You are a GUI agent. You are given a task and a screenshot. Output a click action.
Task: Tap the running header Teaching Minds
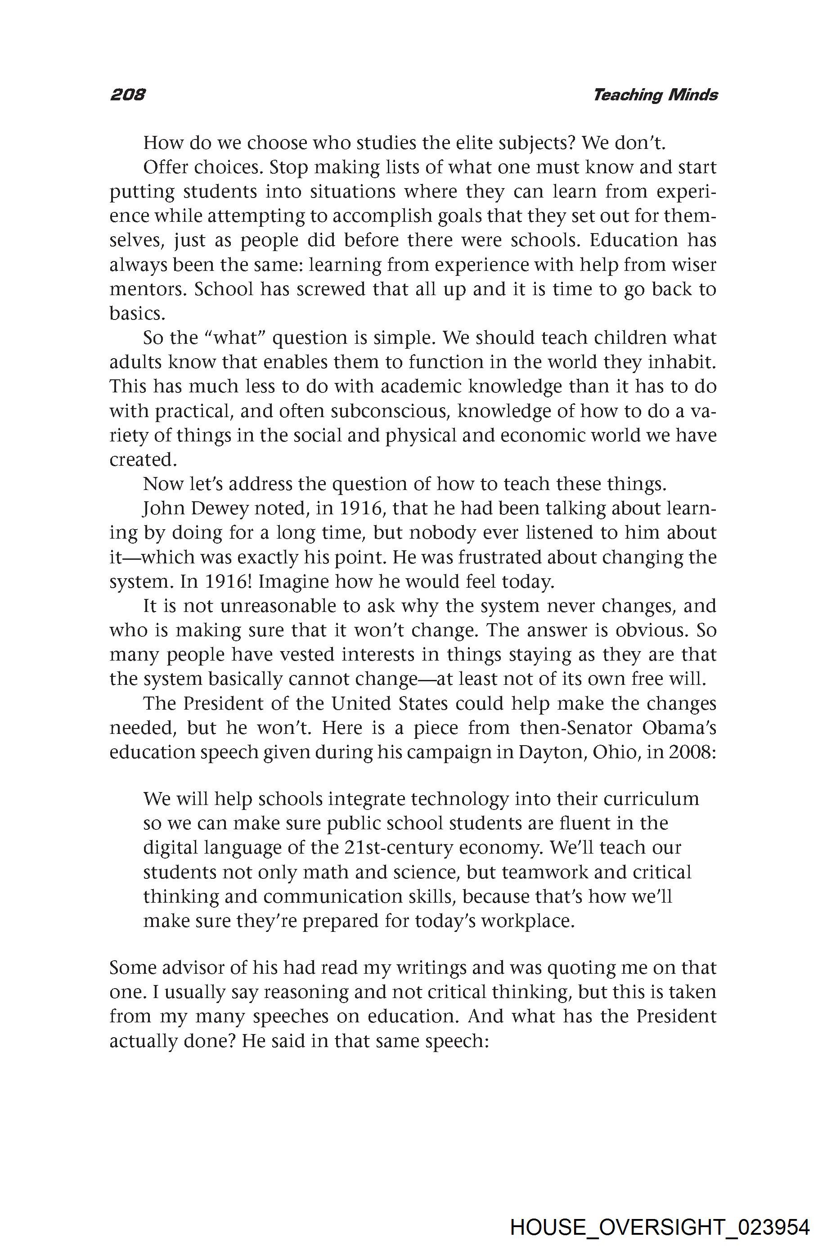click(655, 95)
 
